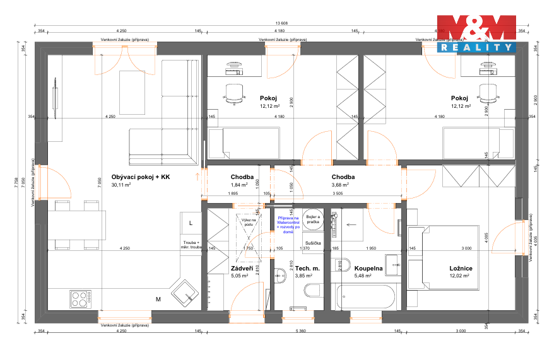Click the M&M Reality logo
477,33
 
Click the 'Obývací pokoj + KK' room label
141,177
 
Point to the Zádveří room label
243,268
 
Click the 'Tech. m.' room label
307,268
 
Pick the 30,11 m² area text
121,185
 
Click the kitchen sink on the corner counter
188,291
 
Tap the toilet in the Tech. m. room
312,291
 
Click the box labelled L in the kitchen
191,222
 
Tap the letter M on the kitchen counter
158,299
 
